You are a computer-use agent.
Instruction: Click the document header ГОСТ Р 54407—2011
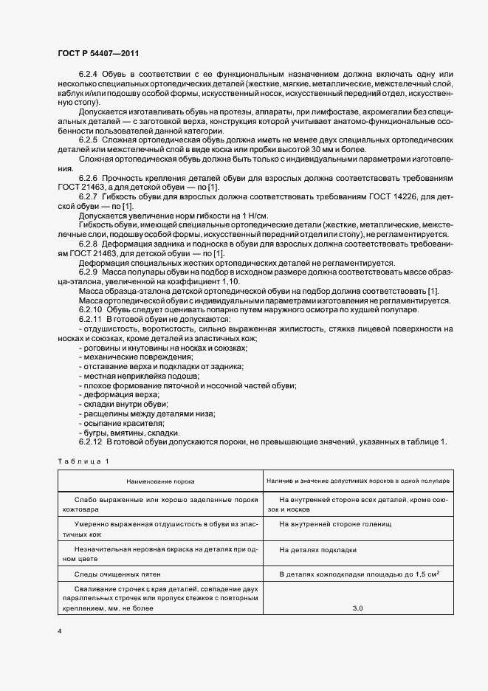tap(97, 54)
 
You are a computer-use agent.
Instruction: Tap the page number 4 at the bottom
tap(59, 630)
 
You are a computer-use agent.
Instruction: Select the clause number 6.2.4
tap(88, 75)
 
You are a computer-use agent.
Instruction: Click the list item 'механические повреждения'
tap(125, 357)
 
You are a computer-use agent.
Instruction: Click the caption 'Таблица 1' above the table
tap(83, 461)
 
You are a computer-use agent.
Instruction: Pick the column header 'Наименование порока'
tap(160, 481)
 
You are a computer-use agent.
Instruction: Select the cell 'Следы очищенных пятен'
tap(117, 574)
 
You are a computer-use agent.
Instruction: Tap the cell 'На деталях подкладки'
tap(318, 549)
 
